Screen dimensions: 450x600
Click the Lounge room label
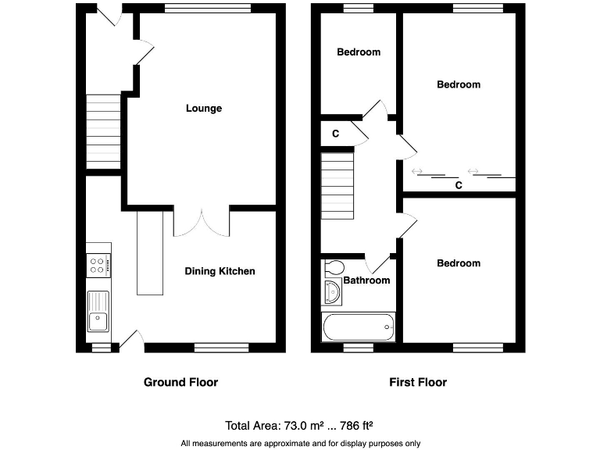click(x=203, y=109)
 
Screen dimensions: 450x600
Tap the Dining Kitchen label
click(x=220, y=271)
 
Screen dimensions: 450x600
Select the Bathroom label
click(x=366, y=280)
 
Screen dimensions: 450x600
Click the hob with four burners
click(x=99, y=266)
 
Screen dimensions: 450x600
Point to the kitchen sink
click(x=99, y=310)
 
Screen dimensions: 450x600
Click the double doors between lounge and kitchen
click(x=202, y=222)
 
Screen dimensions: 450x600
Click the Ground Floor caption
click(x=180, y=382)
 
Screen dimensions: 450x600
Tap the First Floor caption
click(x=418, y=382)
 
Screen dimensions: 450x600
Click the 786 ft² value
click(x=353, y=426)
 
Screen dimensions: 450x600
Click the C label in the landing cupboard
click(x=335, y=134)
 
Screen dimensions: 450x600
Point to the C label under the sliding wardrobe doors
click(x=459, y=186)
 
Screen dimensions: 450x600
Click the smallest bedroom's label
click(x=359, y=52)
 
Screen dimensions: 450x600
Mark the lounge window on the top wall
click(x=207, y=9)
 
